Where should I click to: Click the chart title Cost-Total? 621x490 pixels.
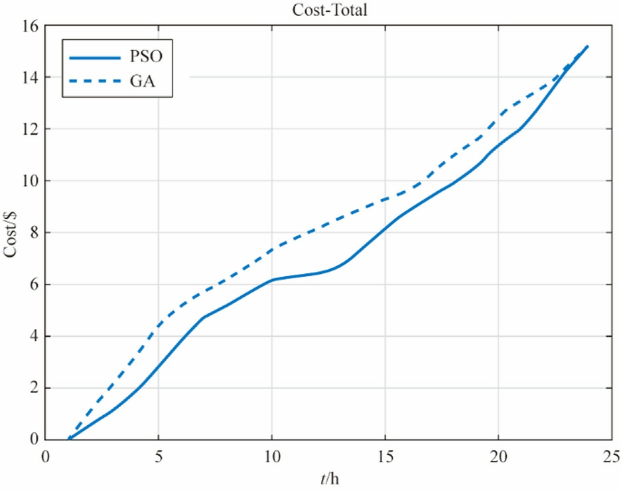pos(328,9)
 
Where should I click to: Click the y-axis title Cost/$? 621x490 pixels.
pos(15,232)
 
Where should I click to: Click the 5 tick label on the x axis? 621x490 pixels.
pos(159,456)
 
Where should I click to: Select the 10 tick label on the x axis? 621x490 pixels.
pos(272,456)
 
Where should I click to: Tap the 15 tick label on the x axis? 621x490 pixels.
pos(385,456)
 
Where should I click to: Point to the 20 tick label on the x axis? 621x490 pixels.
pos(498,456)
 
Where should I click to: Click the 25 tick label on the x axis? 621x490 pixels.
pos(611,456)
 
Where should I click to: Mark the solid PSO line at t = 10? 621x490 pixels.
pos(272,280)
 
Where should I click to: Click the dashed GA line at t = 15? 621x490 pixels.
pos(385,199)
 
